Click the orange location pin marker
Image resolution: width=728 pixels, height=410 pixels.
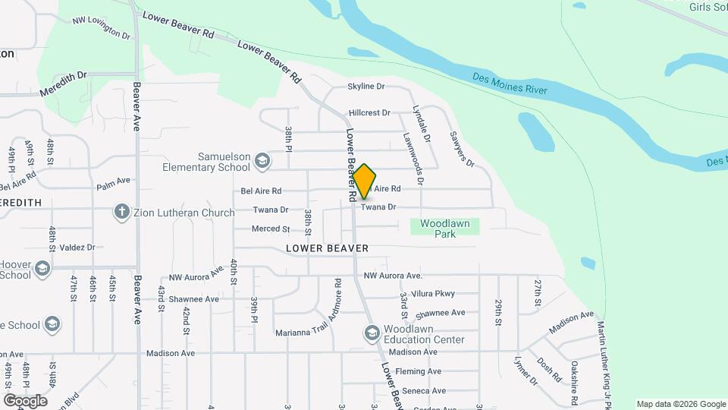click(365, 181)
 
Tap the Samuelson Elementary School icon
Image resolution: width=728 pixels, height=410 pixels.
click(262, 160)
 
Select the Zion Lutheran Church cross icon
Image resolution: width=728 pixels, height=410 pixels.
click(122, 212)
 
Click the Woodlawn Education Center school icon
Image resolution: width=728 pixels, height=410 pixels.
click(372, 333)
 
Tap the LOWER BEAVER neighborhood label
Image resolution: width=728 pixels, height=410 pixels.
click(328, 248)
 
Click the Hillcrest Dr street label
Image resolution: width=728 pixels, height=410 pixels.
click(369, 113)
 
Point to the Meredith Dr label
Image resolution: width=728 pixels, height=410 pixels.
click(66, 76)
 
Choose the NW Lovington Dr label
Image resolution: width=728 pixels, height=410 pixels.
click(102, 27)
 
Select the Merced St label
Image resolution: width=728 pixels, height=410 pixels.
click(271, 229)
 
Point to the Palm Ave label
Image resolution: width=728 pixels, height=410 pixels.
click(114, 181)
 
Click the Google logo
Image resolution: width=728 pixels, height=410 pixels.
click(25, 401)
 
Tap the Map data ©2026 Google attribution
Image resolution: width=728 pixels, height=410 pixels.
click(680, 404)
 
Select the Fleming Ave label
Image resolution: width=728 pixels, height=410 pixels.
click(418, 371)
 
